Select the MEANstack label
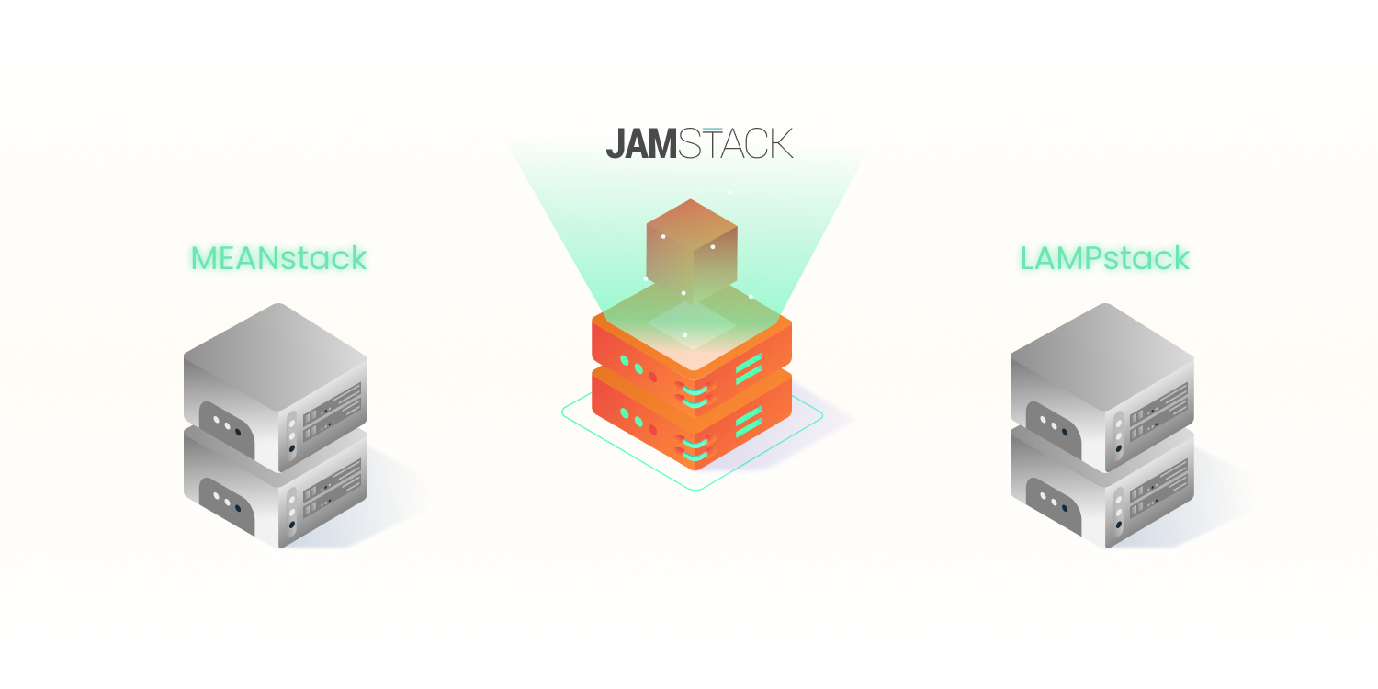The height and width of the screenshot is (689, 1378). pyautogui.click(x=278, y=258)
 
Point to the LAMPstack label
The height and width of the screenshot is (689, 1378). pyautogui.click(x=1104, y=258)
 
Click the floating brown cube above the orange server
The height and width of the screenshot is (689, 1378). pyautogui.click(x=692, y=250)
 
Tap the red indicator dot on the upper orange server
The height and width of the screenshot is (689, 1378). pyautogui.click(x=652, y=377)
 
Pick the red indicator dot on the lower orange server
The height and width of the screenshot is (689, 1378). pyautogui.click(x=652, y=428)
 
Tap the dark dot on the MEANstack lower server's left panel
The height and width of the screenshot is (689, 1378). pyautogui.click(x=237, y=506)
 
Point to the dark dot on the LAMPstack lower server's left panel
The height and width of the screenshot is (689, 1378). pyautogui.click(x=1064, y=506)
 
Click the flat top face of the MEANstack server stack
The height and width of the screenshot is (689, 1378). pyautogui.click(x=276, y=349)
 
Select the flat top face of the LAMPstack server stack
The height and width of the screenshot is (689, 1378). pyautogui.click(x=1102, y=349)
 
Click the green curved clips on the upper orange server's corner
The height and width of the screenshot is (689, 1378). pyautogui.click(x=695, y=394)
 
